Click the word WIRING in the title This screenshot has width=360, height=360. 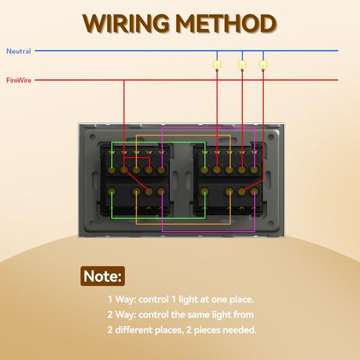(126, 23)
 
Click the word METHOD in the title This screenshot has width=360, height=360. (227, 23)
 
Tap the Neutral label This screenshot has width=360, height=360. (18, 51)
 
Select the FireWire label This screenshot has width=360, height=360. (18, 80)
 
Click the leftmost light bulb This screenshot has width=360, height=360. (217, 65)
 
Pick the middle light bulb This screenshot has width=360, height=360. (242, 65)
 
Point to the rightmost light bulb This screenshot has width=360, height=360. (263, 65)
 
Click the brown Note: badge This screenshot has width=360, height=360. (102, 276)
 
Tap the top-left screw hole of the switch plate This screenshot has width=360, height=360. (92, 137)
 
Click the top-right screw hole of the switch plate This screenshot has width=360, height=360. (271, 137)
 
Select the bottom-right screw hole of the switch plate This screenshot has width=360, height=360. (271, 224)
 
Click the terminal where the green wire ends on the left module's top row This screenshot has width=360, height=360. (112, 169)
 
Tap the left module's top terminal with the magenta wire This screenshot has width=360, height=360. (162, 169)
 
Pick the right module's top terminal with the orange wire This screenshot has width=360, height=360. (230, 169)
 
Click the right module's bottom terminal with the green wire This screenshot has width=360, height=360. (205, 191)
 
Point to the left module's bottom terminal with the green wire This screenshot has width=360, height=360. (112, 191)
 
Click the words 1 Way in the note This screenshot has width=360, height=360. (121, 299)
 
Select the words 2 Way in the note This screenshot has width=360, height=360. (121, 315)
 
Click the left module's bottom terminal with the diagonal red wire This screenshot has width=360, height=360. (149, 191)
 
